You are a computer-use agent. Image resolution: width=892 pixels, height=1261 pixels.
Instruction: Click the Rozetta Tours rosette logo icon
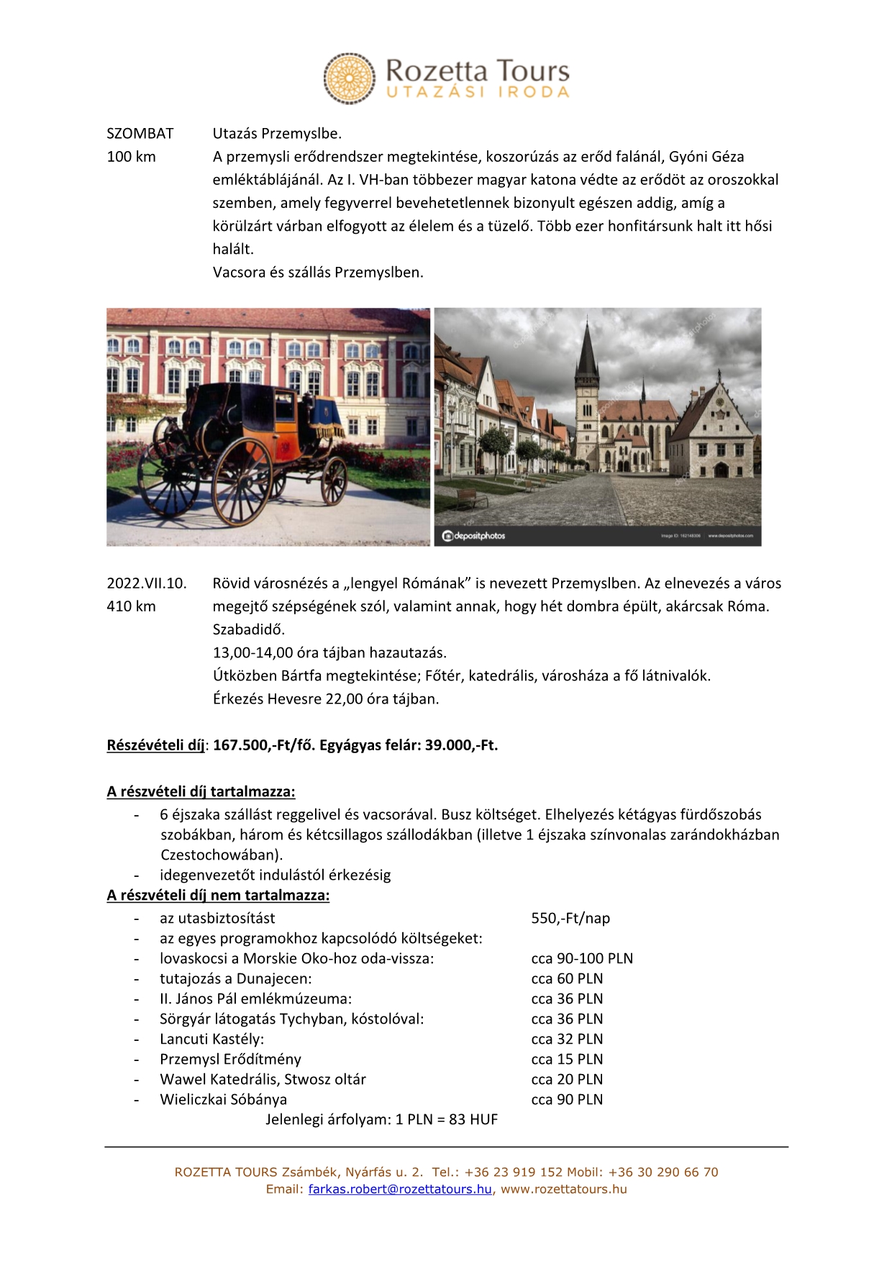pyautogui.click(x=349, y=78)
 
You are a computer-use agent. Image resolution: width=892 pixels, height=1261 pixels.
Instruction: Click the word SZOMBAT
pyautogui.click(x=140, y=134)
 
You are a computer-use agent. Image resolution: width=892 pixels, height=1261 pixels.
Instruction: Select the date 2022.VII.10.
pyautogui.click(x=147, y=583)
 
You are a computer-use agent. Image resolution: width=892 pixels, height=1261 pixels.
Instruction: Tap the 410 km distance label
pyautogui.click(x=131, y=606)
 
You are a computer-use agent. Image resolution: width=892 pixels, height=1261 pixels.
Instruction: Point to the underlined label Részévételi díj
pyautogui.click(x=155, y=745)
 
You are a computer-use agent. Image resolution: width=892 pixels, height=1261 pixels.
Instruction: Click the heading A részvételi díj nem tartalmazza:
pyautogui.click(x=218, y=896)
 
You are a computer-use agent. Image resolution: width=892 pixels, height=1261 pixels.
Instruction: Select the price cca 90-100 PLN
pyautogui.click(x=582, y=959)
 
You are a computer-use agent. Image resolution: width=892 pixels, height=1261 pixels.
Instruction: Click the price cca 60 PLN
pyautogui.click(x=567, y=979)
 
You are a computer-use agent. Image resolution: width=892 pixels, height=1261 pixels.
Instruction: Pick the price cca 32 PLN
pyautogui.click(x=567, y=1039)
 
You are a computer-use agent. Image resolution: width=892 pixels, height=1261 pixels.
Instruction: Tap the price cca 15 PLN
pyautogui.click(x=567, y=1060)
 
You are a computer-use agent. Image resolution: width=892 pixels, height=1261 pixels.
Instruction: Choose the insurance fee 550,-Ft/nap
pyautogui.click(x=570, y=919)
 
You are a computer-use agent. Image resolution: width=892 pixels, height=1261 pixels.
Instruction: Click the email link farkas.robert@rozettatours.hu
pyautogui.click(x=400, y=1189)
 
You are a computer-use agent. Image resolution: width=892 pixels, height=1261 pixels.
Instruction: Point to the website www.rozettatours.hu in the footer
pyautogui.click(x=564, y=1189)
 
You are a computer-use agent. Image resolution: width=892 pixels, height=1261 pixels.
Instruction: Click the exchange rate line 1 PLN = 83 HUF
pyautogui.click(x=446, y=1120)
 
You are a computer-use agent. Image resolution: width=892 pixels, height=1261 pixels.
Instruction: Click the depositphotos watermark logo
pyautogui.click(x=474, y=536)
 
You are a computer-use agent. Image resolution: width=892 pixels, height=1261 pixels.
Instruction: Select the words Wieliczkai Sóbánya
pyautogui.click(x=223, y=1100)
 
